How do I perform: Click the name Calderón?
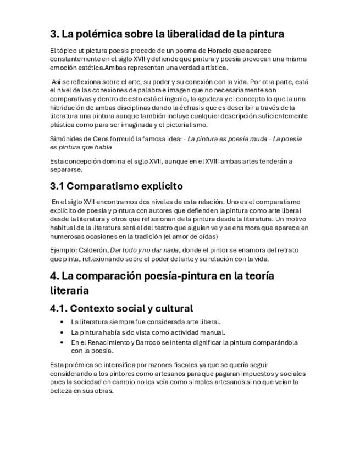[x=93, y=250]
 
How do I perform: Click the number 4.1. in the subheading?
[x=58, y=308]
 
